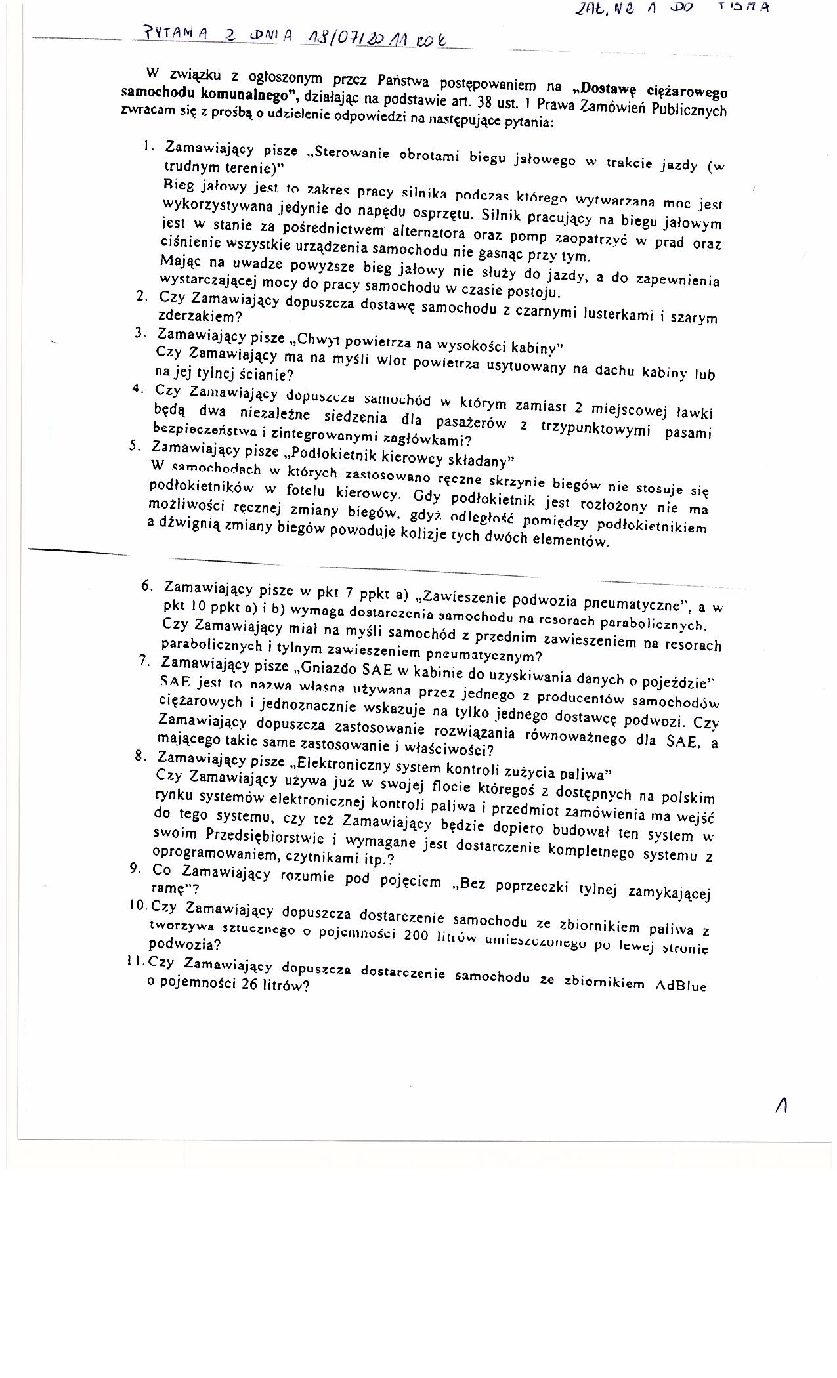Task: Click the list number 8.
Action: [140, 755]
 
